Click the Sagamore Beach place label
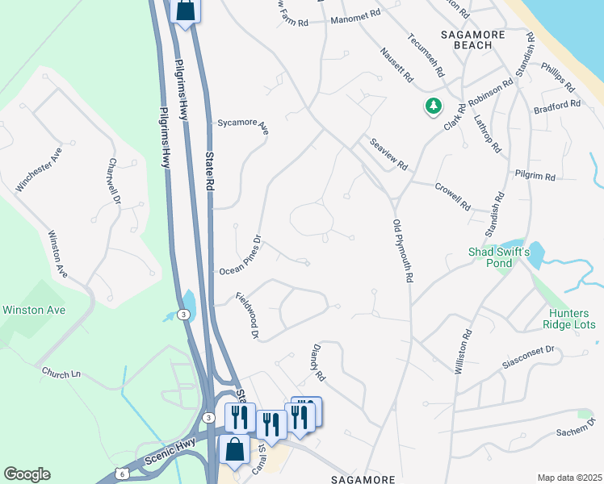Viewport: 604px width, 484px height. coord(468,40)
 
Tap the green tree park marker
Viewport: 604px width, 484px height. coord(434,106)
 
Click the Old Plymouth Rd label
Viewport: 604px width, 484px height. coord(403,251)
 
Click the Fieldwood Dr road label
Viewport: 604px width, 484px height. coord(247,315)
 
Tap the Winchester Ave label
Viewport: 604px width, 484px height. coord(39,170)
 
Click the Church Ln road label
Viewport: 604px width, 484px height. coord(62,373)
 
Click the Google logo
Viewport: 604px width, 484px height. coord(27,474)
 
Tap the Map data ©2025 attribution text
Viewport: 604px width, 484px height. coord(569,478)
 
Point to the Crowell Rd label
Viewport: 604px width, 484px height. coord(452,196)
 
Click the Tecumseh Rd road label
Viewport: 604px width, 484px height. coord(426,55)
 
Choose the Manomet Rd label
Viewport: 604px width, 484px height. coord(355,15)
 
